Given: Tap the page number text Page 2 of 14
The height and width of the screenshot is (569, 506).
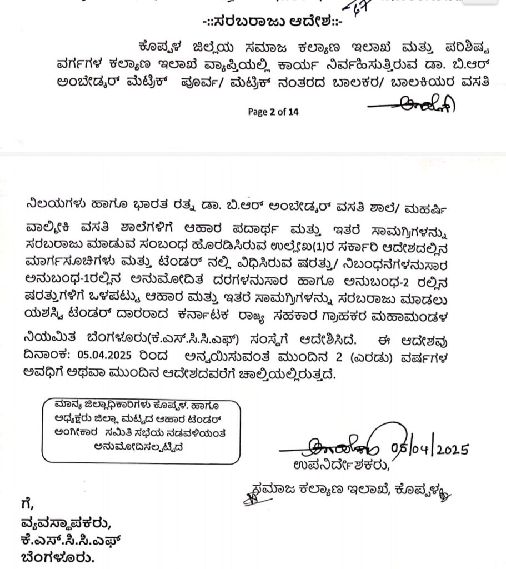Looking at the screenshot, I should pos(273,112).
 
